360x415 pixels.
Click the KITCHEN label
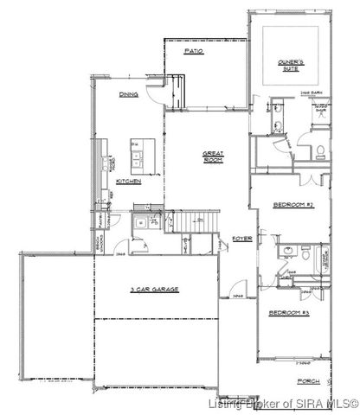tap(128, 182)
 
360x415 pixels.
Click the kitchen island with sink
tap(138, 156)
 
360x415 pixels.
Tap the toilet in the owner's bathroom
tap(319, 154)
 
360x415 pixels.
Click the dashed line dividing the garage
tap(156, 318)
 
